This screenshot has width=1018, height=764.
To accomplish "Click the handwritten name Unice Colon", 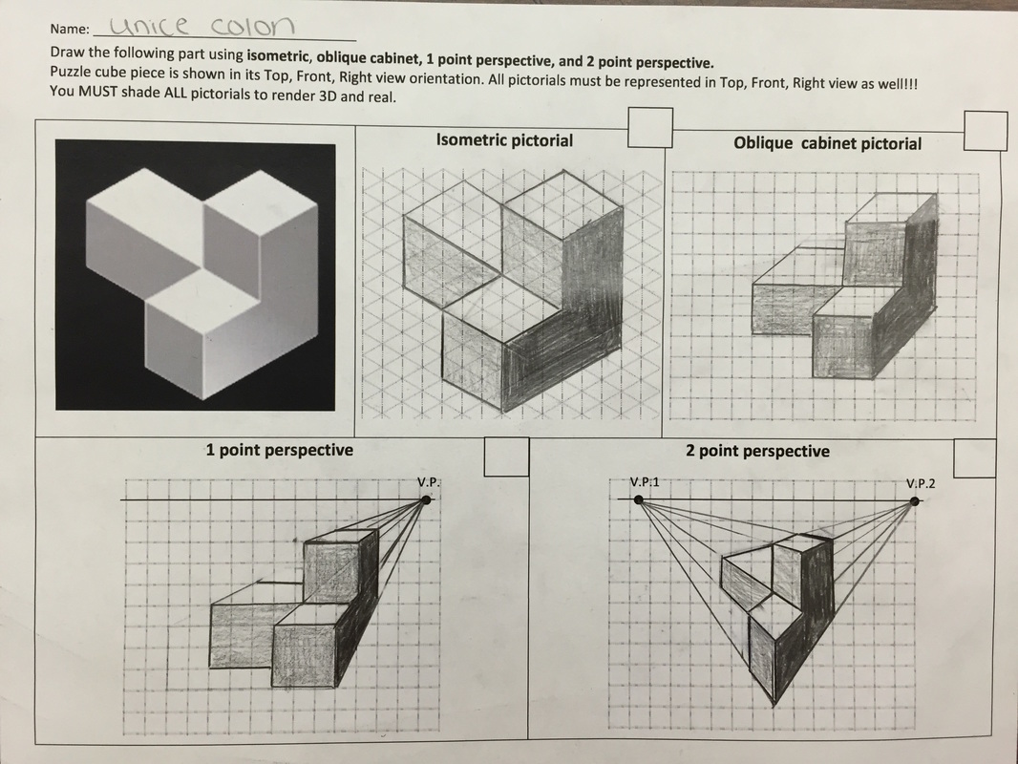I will (x=202, y=26).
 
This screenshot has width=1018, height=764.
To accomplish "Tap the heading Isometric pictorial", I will (x=504, y=140).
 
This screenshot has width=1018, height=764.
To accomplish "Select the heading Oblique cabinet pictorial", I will (x=827, y=143).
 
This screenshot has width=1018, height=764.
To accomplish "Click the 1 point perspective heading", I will (x=279, y=449).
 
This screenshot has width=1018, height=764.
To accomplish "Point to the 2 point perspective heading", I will (x=757, y=451).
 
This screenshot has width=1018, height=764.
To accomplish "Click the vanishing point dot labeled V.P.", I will (x=426, y=499).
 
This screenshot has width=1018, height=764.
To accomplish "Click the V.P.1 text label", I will (x=645, y=481).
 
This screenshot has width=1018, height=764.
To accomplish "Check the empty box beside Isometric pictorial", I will (x=650, y=128).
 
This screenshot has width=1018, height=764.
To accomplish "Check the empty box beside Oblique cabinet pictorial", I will (x=986, y=131).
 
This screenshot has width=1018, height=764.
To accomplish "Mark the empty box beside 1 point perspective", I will (x=506, y=456).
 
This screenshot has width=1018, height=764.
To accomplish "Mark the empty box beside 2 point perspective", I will (x=975, y=457).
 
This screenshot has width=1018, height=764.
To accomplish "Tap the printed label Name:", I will (x=70, y=31).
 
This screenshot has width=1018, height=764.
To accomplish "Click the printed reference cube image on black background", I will (x=195, y=275).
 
